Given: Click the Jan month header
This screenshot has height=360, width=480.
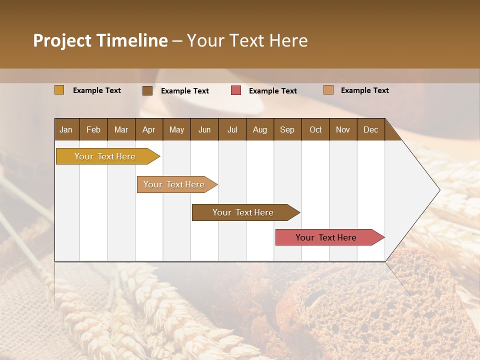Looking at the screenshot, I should [x=66, y=129].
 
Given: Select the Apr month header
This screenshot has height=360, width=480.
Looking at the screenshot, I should [x=149, y=129].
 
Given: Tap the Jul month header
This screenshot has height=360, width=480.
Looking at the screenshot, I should [x=232, y=129].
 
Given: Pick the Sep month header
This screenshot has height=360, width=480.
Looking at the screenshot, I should [x=287, y=129].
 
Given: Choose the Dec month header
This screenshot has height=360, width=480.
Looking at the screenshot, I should [x=370, y=129].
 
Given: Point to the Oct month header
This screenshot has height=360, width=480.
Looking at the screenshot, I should [x=315, y=129].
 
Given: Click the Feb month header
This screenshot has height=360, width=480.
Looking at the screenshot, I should [x=93, y=129].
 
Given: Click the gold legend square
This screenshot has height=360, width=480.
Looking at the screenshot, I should [x=59, y=90].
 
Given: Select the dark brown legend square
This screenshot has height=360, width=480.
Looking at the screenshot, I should [x=147, y=90].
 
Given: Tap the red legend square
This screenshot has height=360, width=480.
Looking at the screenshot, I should [x=236, y=90].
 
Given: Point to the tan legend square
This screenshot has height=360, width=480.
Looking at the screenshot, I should [x=328, y=90].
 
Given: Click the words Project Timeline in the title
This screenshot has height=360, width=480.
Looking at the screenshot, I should [x=100, y=40].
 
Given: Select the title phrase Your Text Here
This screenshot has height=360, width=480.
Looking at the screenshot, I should [x=247, y=40].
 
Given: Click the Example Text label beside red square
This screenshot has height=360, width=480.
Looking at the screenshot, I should [x=272, y=91].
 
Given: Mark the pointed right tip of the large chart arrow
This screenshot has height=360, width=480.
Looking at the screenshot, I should [x=439, y=190].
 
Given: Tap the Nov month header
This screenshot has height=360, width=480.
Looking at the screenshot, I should [x=343, y=129].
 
